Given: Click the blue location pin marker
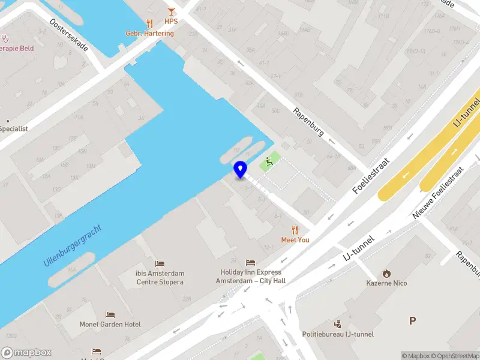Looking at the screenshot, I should [x=240, y=169].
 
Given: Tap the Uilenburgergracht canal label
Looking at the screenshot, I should [x=73, y=246].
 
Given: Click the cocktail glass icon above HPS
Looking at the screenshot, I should [x=172, y=11].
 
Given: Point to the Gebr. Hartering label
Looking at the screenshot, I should [x=149, y=34].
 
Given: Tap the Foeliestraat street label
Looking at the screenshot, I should [x=371, y=176].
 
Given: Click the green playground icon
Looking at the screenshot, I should [x=269, y=160].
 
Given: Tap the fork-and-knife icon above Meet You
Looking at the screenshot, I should [x=295, y=230].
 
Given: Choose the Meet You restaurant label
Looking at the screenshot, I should [x=295, y=240].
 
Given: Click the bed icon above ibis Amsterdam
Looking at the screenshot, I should [x=160, y=263].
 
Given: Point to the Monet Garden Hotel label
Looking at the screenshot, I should [x=110, y=325].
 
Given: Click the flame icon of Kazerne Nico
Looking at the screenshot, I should [x=387, y=273].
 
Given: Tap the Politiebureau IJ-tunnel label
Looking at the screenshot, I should [x=338, y=334].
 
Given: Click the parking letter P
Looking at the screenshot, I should [x=412, y=321].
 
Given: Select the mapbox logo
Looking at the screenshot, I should [x=26, y=353].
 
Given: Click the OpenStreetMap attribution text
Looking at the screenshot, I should [x=457, y=356].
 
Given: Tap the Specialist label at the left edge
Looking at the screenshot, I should [x=14, y=128].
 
